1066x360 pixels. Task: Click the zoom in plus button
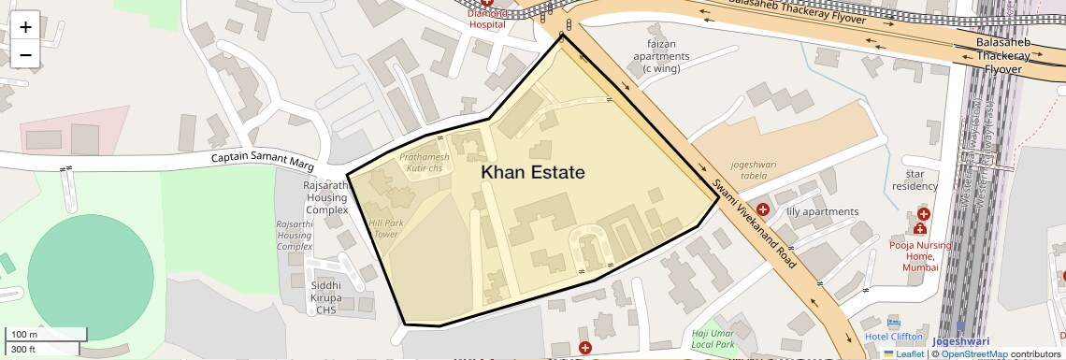coord(25,27)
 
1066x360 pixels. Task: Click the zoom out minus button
coord(25,54)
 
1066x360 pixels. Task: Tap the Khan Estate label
coord(533,173)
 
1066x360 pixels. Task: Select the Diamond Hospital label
coord(486,19)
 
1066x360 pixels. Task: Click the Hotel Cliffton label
coord(893,337)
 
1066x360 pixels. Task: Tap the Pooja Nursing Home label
coord(920,256)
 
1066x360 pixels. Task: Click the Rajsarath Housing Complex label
coord(326,198)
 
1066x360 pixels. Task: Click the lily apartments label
coord(822,211)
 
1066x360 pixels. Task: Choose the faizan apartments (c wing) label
coord(661,50)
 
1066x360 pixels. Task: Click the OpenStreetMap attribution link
coord(974,354)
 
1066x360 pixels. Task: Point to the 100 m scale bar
coord(47,334)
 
